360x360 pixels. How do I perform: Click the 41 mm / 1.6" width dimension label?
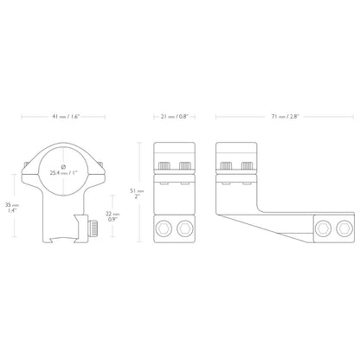click(66, 117)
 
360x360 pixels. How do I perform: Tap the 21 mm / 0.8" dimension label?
click(175, 117)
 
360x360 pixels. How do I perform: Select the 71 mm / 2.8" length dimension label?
click(286, 117)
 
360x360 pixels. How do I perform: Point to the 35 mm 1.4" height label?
click(12, 208)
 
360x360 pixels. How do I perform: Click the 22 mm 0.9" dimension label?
click(112, 216)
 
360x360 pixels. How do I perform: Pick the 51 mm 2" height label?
click(137, 193)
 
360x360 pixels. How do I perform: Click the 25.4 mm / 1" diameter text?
click(62, 174)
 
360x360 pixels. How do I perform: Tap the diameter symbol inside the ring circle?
click(63, 167)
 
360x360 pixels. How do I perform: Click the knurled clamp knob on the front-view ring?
click(93, 228)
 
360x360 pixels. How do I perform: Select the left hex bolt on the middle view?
click(164, 228)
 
